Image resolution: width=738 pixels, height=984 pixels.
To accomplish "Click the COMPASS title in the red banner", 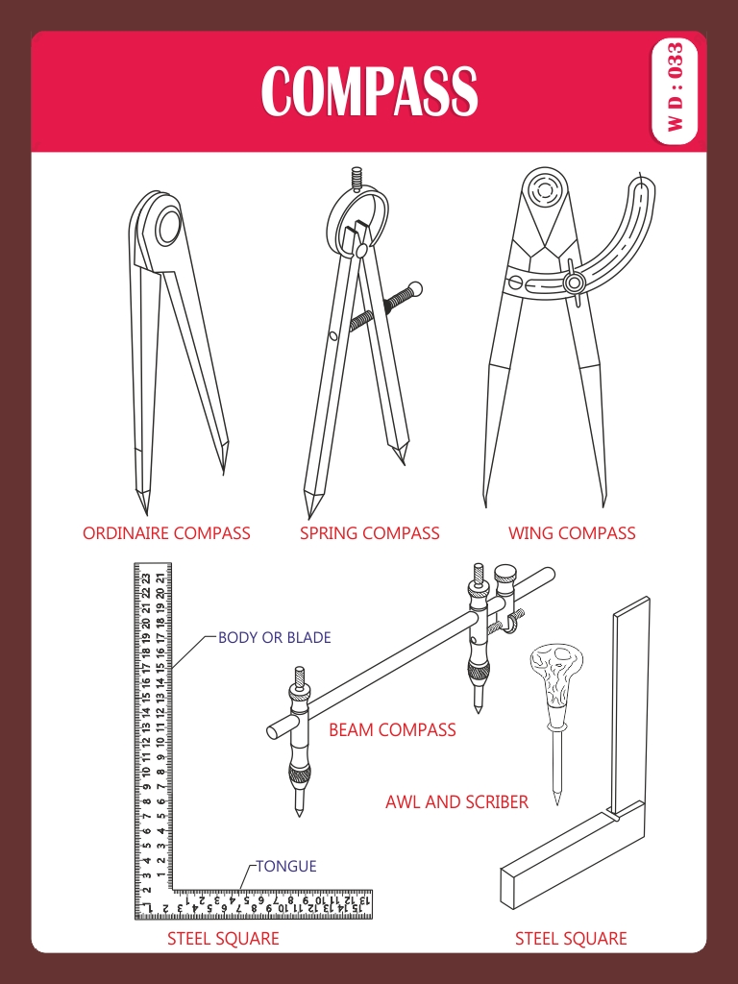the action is pos(369,91).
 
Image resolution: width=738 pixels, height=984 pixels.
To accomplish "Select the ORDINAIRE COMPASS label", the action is pos(166,533).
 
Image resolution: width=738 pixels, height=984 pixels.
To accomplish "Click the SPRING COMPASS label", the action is pos(370,533).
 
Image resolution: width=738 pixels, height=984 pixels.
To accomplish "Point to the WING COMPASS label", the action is pos(572,533).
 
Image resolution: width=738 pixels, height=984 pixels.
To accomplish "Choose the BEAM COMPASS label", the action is pos(392,730).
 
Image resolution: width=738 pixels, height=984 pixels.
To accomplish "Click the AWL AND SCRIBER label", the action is pos(456,802).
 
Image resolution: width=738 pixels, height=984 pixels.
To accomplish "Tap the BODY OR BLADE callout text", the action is pos(274,638).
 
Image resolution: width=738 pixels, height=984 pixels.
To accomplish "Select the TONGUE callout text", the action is pos(286,866).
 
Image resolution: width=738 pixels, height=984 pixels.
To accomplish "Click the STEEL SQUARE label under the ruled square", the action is pos(223,939).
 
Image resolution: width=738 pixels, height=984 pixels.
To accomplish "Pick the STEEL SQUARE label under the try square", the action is pos(571,939).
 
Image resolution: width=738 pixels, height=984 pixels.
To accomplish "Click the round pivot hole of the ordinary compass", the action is pos(169,227).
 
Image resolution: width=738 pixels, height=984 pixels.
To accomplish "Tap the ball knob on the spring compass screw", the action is pos(413,290).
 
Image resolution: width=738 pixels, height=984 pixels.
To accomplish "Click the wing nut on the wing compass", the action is pos(574,282).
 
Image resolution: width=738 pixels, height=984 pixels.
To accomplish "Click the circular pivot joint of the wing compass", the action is pos(544,190).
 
